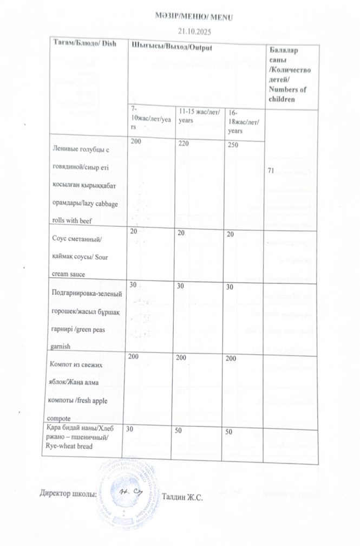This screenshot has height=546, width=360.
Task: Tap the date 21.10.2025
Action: (x=193, y=32)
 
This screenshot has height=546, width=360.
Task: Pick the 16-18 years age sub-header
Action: (x=242, y=123)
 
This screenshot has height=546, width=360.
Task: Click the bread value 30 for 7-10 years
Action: (x=130, y=428)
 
